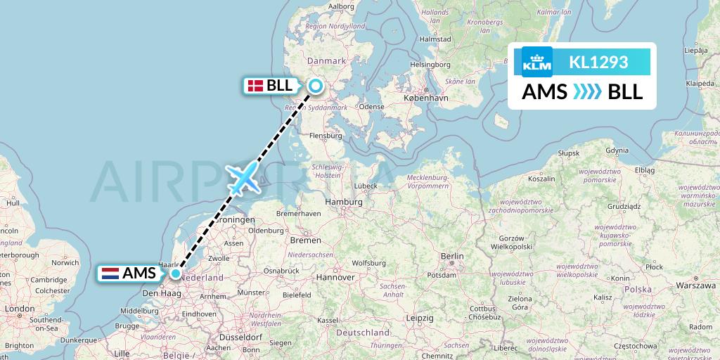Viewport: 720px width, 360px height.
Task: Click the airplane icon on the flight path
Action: tap(243, 177)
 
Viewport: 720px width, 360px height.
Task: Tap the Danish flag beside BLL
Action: tap(255, 86)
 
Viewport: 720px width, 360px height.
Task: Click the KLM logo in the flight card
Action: tap(537, 62)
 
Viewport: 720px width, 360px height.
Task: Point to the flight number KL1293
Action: tap(598, 62)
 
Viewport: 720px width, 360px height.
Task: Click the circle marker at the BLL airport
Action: tap(316, 86)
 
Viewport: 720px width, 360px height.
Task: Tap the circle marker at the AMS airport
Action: tap(175, 274)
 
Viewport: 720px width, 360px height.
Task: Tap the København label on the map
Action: tap(427, 98)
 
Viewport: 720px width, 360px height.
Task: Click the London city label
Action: tap(19, 309)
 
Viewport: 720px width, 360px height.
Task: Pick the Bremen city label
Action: tap(304, 240)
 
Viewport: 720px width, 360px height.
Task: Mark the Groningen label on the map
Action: tap(235, 219)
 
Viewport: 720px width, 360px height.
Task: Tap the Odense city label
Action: tap(371, 106)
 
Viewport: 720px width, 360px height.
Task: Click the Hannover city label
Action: tap(335, 277)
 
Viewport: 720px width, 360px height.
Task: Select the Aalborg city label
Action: tap(341, 6)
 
